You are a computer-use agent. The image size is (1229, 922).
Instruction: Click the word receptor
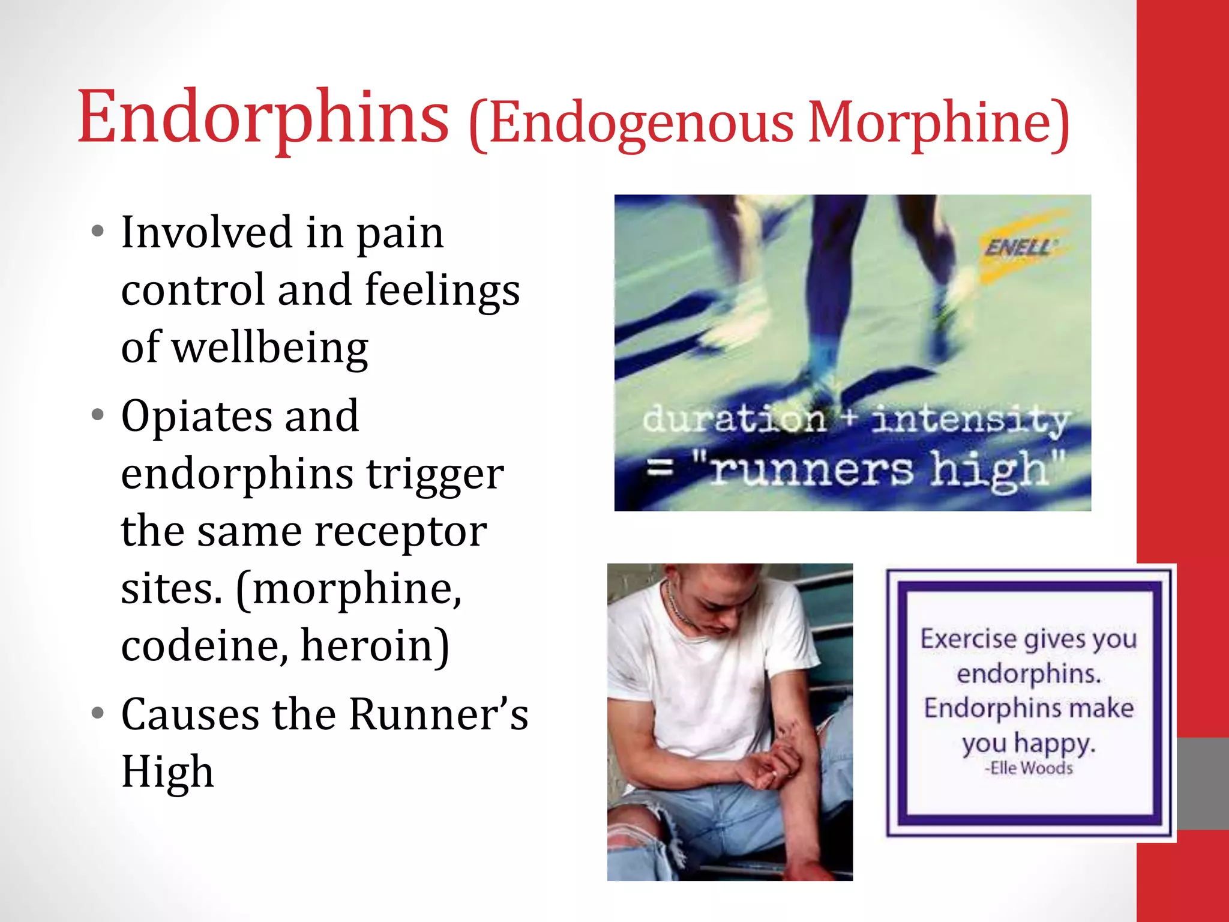coord(400,531)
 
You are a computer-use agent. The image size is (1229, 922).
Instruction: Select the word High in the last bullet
coord(167,772)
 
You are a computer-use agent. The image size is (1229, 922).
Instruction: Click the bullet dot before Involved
coord(98,232)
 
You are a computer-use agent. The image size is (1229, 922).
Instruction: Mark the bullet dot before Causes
coord(98,714)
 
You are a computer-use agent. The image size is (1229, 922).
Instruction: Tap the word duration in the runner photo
coord(733,418)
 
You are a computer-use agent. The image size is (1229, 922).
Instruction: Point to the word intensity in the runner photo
coord(969,420)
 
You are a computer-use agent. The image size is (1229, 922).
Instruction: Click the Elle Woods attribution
coord(1029,768)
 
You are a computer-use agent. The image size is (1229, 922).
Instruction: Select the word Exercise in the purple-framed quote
coord(971,639)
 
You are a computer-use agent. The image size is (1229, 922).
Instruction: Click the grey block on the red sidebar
coord(1203,783)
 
